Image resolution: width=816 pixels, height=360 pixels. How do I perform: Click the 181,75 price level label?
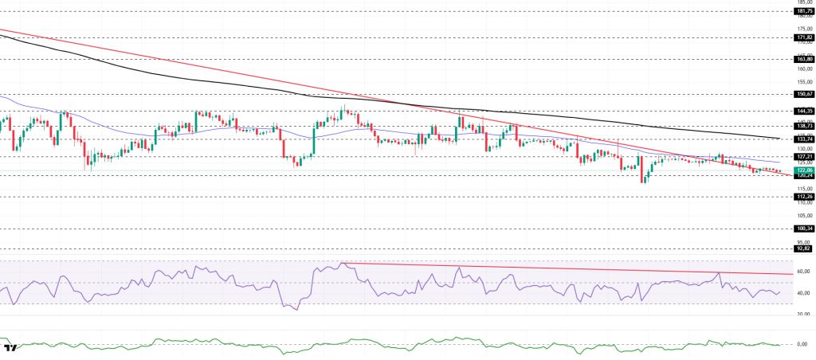[x=803, y=11]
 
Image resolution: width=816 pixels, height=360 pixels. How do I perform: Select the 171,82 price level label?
[x=803, y=37]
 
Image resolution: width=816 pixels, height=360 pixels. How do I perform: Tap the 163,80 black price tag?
[x=803, y=59]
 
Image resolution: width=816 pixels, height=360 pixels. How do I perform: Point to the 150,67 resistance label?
[x=803, y=94]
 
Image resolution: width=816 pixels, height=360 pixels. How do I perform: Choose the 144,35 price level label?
[x=803, y=111]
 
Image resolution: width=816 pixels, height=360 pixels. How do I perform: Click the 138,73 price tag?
[x=803, y=126]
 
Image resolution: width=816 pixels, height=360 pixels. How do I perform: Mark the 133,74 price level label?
[x=803, y=139]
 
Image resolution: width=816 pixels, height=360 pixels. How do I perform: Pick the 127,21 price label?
[x=803, y=156]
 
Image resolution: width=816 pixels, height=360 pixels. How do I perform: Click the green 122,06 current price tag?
[x=803, y=170]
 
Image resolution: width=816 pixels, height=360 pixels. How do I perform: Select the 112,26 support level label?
[x=803, y=196]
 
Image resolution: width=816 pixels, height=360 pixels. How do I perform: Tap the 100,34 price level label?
[x=803, y=228]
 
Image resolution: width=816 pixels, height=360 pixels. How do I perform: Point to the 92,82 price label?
[x=803, y=248]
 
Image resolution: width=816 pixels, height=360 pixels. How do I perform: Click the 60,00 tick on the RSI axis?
[x=802, y=272]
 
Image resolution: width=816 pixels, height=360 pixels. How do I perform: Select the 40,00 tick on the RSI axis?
[x=802, y=293]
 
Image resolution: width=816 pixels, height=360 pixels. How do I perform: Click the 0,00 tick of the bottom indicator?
[x=804, y=344]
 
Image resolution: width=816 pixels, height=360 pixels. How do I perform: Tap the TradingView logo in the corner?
[x=11, y=349]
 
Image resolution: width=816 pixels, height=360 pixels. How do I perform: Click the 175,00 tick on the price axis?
[x=802, y=28]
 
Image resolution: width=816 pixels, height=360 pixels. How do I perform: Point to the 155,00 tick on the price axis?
[x=802, y=81]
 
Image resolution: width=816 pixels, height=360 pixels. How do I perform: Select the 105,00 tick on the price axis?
[x=802, y=215]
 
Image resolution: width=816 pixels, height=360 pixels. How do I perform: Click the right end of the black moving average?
[x=779, y=139]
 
